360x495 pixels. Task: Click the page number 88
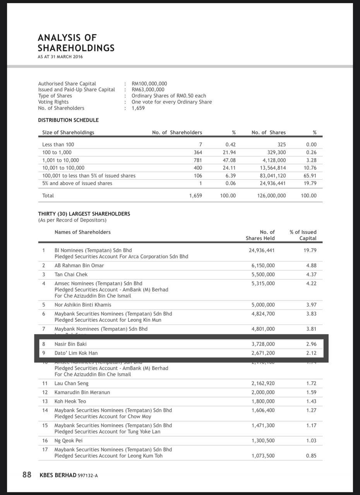point(27,475)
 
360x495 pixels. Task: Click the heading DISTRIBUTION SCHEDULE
point(68,120)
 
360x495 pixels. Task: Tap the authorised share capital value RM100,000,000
point(149,84)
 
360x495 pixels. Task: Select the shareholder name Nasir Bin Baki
point(70,344)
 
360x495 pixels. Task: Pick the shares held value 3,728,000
point(263,344)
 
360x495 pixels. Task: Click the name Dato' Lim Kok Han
point(76,353)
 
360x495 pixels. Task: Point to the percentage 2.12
point(311,353)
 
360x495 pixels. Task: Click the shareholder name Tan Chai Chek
point(71,275)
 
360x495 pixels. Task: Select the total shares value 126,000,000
point(271,196)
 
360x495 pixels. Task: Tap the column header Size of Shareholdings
point(68,133)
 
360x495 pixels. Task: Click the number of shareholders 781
point(198,160)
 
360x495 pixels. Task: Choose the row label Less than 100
point(58,145)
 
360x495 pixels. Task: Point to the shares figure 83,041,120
point(273,176)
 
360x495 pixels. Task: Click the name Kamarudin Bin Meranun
point(82,393)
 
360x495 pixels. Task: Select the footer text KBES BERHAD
point(58,475)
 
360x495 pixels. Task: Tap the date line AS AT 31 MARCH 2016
point(60,57)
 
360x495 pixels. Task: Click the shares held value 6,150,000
point(263,266)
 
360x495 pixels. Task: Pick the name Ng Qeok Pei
point(69,441)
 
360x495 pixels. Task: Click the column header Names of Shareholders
point(82,232)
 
